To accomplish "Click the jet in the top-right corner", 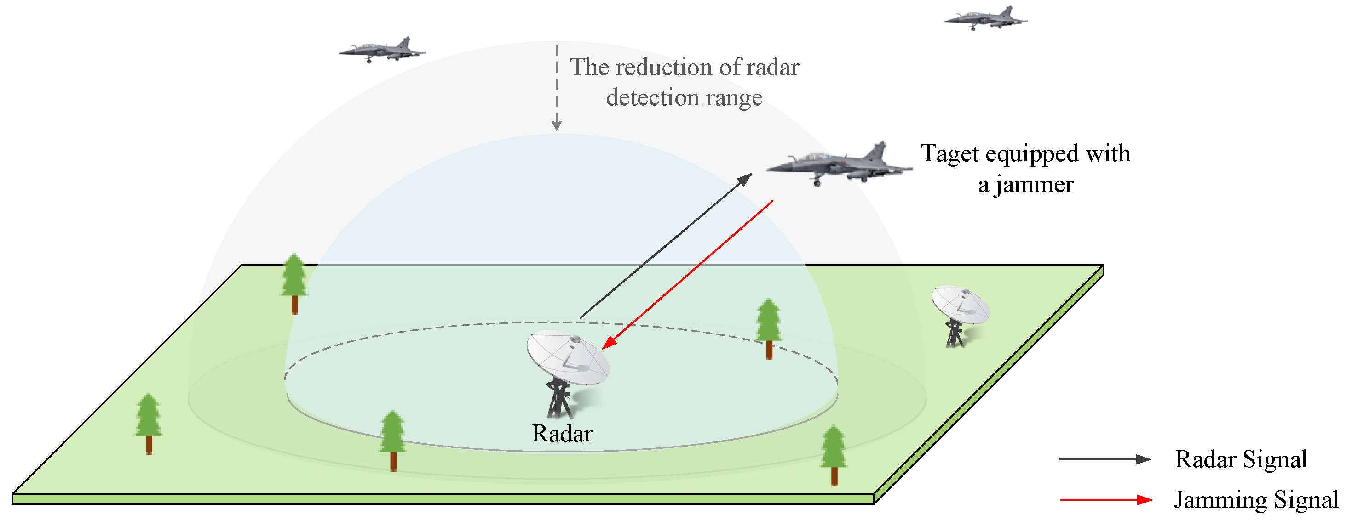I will pyautogui.click(x=985, y=19).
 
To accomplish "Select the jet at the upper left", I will pyautogui.click(x=382, y=51).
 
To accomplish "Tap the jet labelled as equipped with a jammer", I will pyautogui.click(x=838, y=163).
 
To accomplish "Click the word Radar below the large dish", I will pyautogui.click(x=562, y=434).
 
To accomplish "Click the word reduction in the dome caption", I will pyautogui.click(x=662, y=68).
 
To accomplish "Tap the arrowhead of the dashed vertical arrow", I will pyautogui.click(x=557, y=126).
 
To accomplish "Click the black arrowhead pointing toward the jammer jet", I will pyautogui.click(x=744, y=180).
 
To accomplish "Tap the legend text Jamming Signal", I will pyautogui.click(x=1256, y=500).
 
